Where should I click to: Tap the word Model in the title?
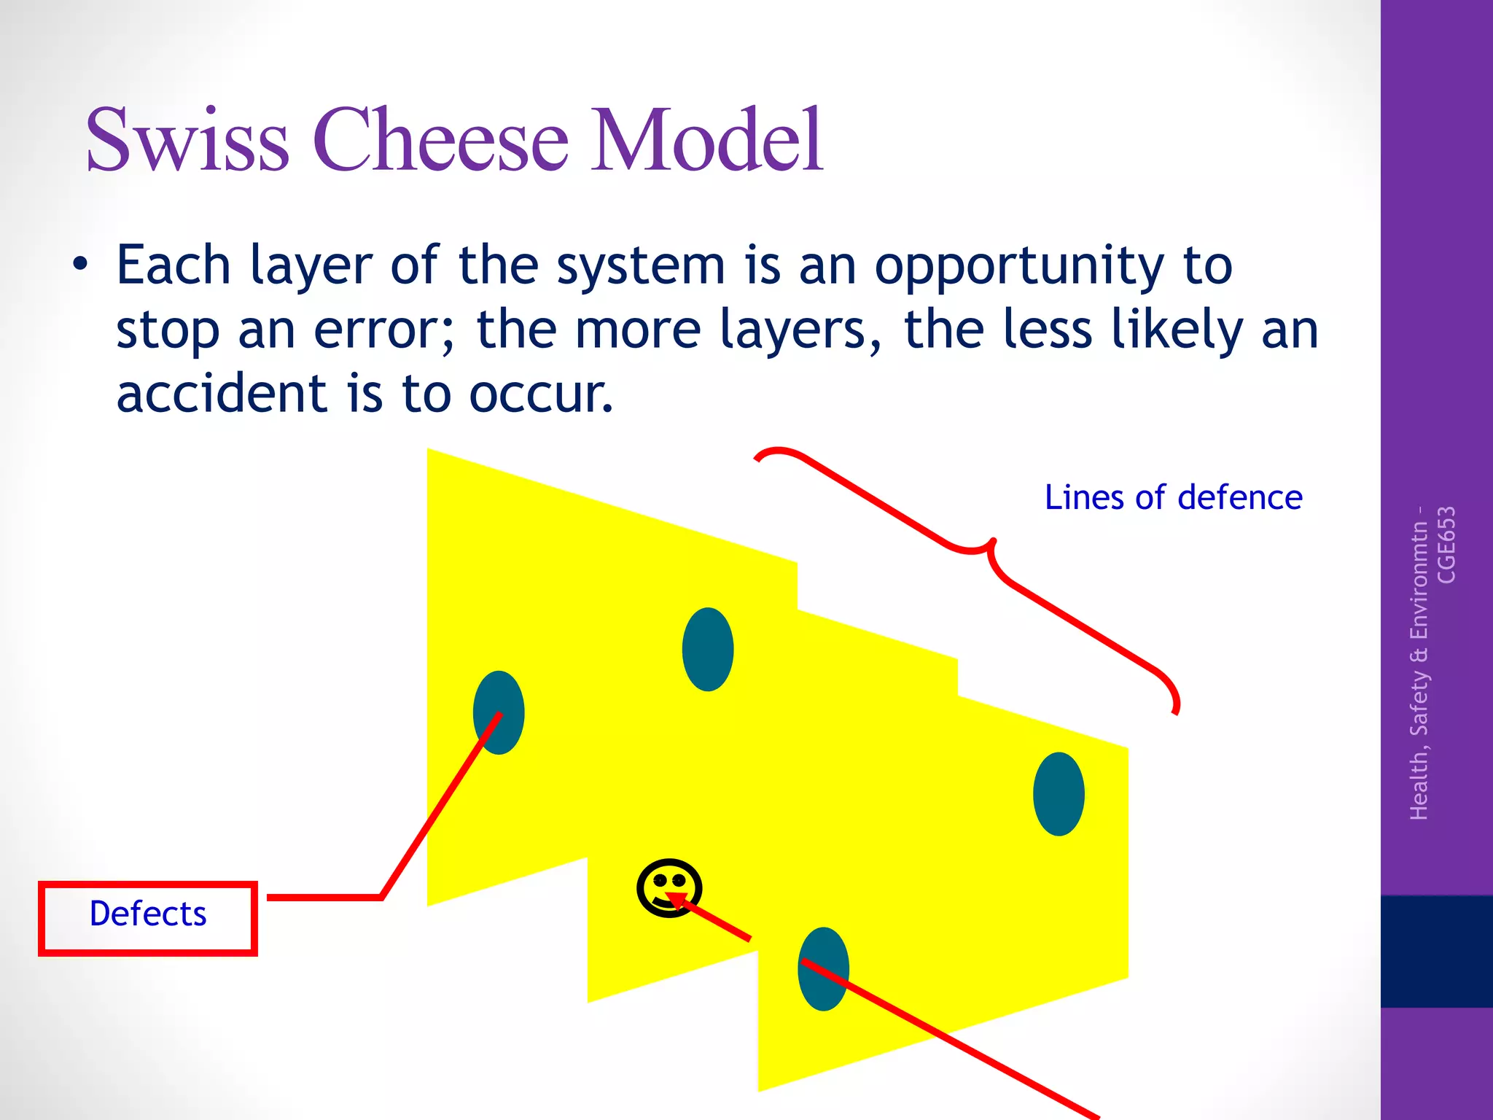coord(706,140)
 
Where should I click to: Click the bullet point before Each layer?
coord(80,265)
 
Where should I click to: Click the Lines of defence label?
coord(1173,498)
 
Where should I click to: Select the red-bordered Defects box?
coord(148,917)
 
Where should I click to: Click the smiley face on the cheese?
coord(668,887)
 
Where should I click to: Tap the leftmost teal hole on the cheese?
coord(499,712)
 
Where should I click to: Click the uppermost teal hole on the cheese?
coord(707,649)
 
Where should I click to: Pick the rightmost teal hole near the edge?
coord(1059,794)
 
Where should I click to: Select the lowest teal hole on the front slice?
coord(823,969)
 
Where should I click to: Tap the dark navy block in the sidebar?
coord(1436,951)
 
